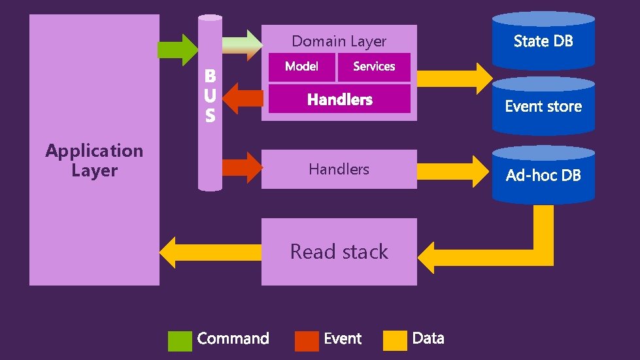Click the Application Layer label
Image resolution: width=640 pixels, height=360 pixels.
(x=94, y=161)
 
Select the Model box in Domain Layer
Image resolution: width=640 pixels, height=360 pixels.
(x=302, y=67)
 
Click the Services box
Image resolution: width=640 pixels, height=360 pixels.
(x=374, y=67)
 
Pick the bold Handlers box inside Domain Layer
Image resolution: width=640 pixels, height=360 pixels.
(x=339, y=99)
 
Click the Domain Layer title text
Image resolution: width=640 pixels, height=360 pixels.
(x=339, y=41)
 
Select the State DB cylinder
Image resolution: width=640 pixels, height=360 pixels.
(x=543, y=41)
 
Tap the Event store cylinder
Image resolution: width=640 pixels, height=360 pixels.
(x=543, y=106)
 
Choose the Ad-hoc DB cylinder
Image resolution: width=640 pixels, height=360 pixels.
(x=543, y=174)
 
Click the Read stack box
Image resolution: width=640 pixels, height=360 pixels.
(x=339, y=252)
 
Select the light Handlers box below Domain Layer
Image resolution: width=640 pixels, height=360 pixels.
(x=339, y=169)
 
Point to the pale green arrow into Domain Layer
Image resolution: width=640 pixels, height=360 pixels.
(x=243, y=44)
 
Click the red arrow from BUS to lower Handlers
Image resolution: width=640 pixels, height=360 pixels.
(x=242, y=167)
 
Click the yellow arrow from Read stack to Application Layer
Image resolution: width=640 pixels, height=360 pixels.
(x=210, y=252)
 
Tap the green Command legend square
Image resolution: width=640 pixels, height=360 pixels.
(x=180, y=340)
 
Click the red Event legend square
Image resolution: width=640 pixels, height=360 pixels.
(x=307, y=340)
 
